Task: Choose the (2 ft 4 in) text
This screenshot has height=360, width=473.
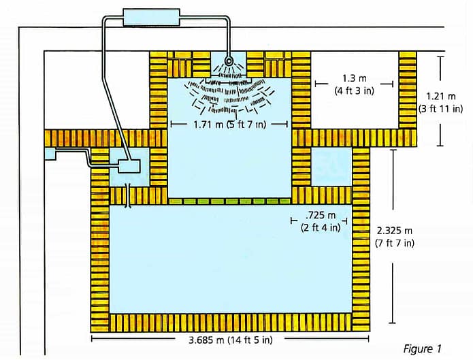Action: point(320,227)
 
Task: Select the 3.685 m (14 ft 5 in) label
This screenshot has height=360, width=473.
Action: point(229,338)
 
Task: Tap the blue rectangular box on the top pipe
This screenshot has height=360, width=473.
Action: point(151,17)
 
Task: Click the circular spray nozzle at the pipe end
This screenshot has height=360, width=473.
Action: point(230,61)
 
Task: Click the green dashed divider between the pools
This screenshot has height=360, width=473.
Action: point(229,201)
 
